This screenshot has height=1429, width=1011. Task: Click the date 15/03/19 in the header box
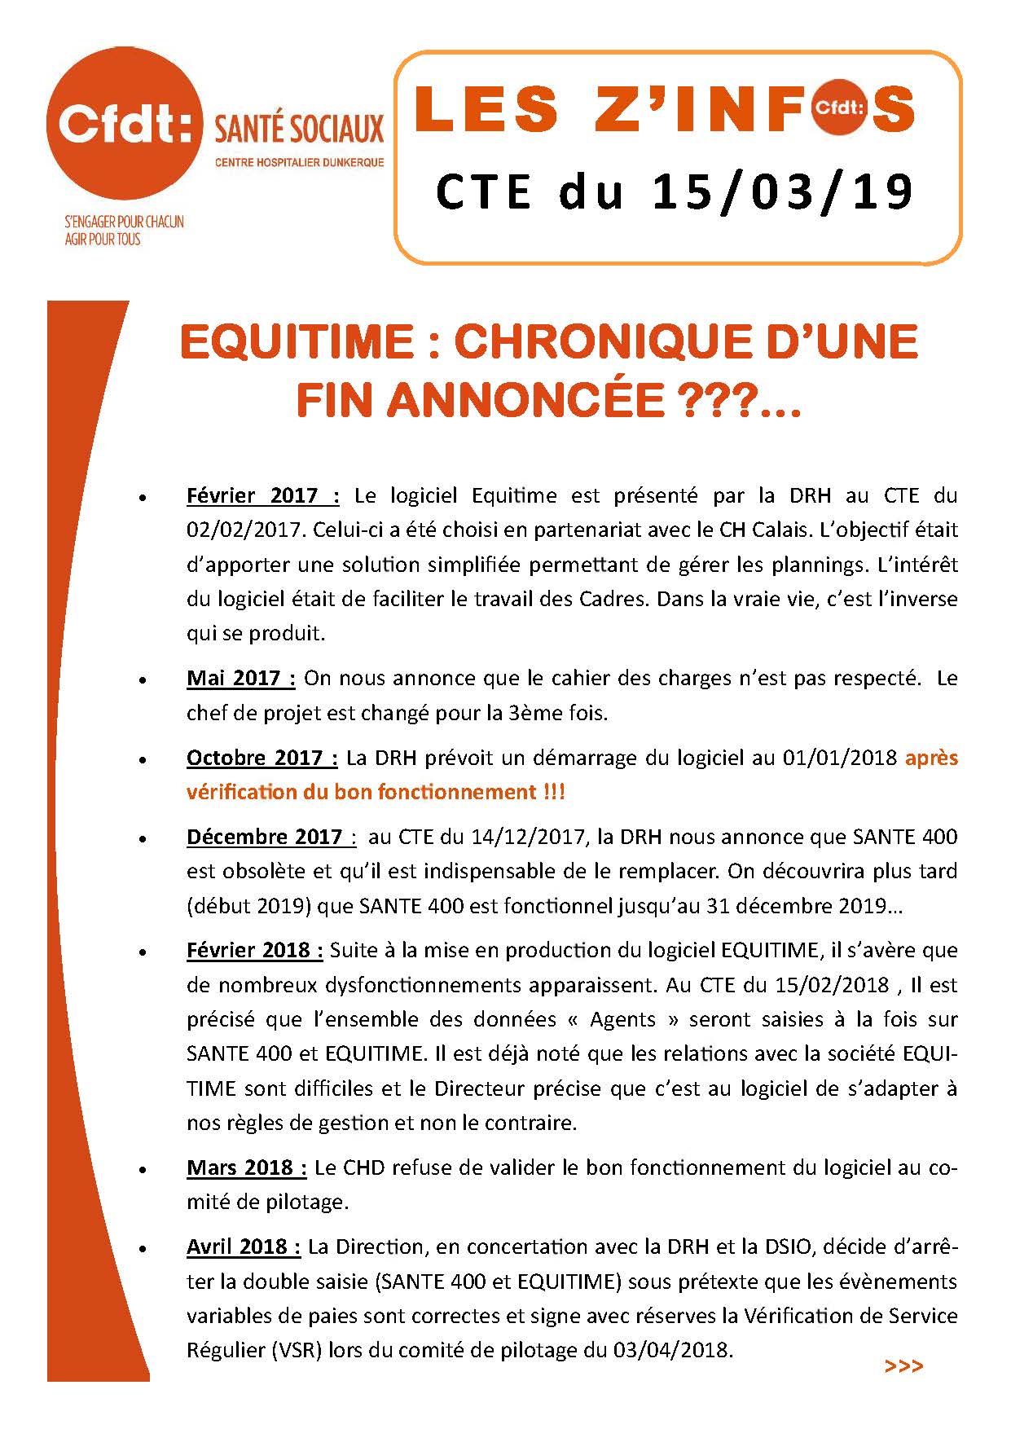(x=782, y=192)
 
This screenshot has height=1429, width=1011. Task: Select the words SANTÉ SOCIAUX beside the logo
(x=298, y=128)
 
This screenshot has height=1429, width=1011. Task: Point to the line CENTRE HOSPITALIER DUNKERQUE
(x=299, y=163)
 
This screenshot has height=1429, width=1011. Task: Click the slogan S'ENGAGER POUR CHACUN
(x=124, y=222)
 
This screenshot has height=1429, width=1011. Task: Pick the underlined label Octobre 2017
(x=262, y=758)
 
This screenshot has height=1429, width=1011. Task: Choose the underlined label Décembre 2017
(x=270, y=837)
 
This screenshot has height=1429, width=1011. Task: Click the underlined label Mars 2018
(x=246, y=1167)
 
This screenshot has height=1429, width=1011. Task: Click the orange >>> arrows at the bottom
(x=903, y=1365)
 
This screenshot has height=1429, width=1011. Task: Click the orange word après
(x=931, y=758)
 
